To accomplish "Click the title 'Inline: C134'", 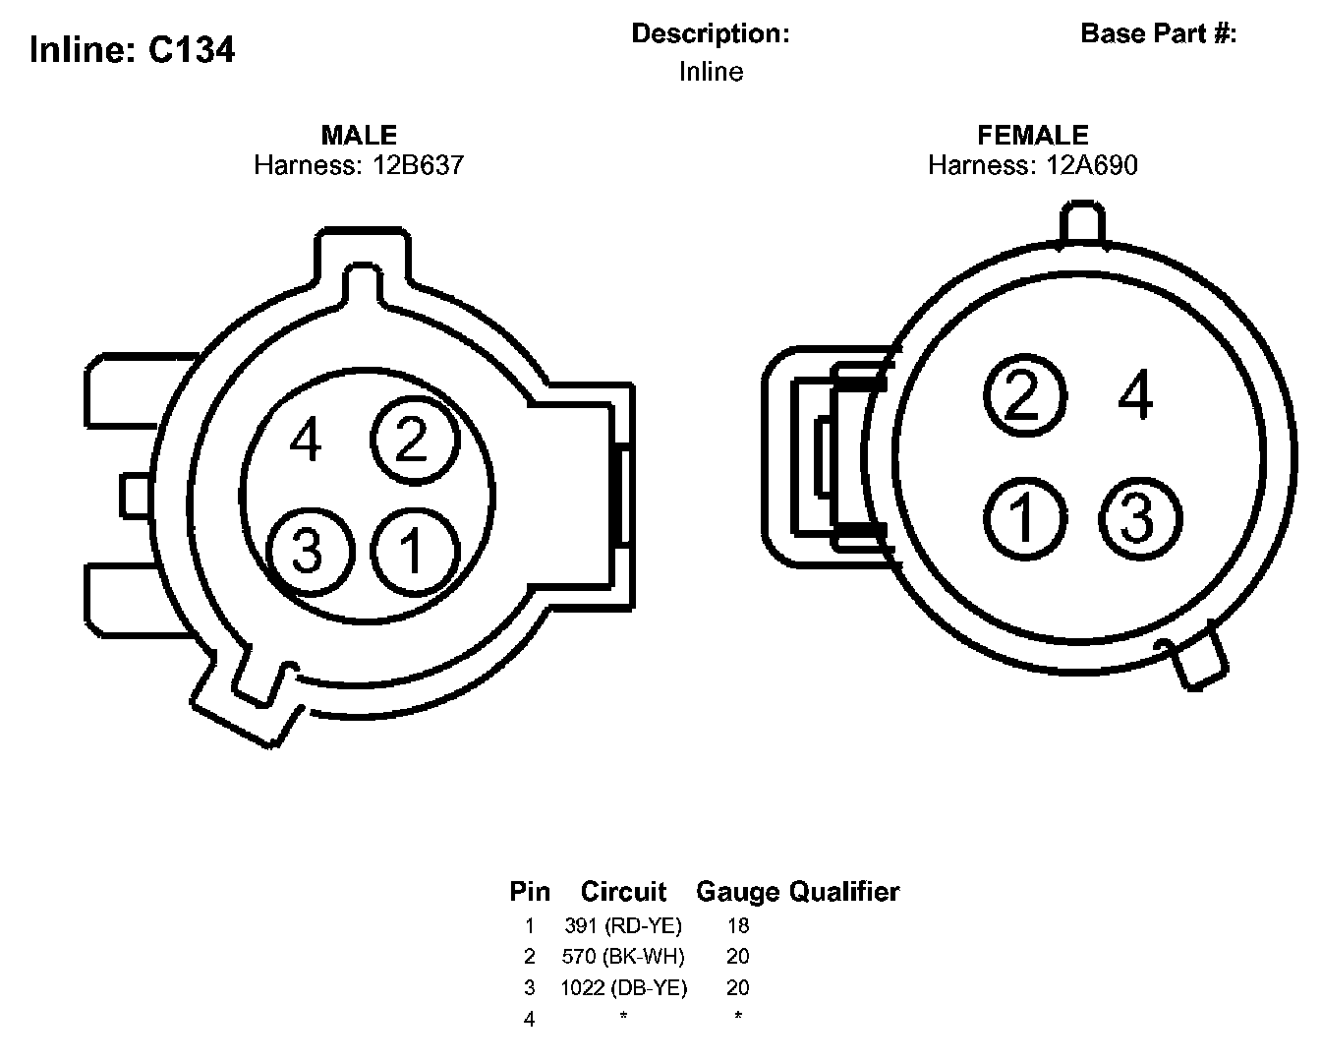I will coord(132,49).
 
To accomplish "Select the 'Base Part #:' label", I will coord(1158,33).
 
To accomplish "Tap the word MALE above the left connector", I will coord(359,135).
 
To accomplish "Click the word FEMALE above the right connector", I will coord(1032,135).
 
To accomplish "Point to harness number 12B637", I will coord(418,164).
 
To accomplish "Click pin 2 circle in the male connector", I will coord(414,440).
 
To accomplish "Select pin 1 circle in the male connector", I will coord(414,549).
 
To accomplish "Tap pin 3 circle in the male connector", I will coord(309,549).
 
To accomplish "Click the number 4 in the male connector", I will coord(306,440).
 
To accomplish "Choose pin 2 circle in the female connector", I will coord(1024,396).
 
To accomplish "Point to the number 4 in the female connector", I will coord(1136,396).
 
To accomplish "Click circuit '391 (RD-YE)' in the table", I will coord(623,925).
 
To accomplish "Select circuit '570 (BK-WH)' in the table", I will coord(623,956).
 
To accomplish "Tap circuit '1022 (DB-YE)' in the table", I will coord(623,987).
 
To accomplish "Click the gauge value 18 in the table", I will coord(737,925).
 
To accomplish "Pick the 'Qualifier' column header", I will coord(844,892).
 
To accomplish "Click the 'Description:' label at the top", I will coord(710,33).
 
